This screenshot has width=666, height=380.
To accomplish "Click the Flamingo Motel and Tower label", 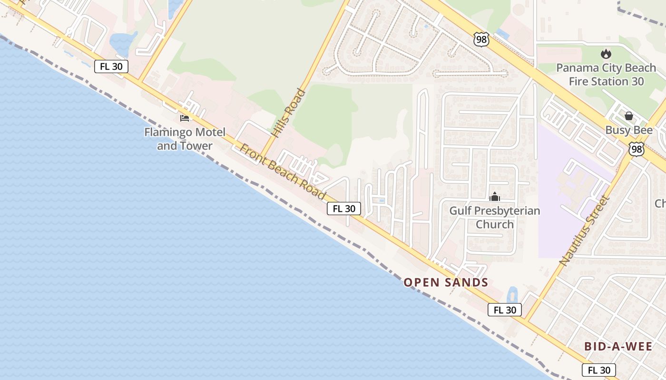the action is (x=185, y=139).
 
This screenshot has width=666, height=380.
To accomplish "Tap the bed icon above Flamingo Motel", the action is (x=185, y=118).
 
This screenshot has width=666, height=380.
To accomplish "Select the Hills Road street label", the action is (x=289, y=113).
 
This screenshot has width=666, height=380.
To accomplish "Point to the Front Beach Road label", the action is (x=283, y=172).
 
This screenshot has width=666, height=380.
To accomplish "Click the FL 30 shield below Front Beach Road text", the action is (x=343, y=208).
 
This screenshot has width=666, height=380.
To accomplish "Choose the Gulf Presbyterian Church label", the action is (x=495, y=217).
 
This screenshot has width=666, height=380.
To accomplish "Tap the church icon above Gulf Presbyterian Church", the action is (x=495, y=196).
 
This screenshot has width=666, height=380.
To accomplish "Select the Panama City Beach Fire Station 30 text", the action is (x=606, y=75).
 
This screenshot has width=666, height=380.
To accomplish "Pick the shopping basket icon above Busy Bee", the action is (x=629, y=115).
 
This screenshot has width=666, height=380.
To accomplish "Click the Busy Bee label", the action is (x=629, y=130).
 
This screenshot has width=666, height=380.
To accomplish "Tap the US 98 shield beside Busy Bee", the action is (x=636, y=149).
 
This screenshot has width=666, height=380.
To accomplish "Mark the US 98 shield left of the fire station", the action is (x=481, y=39).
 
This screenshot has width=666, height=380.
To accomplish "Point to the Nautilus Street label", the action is (x=585, y=230).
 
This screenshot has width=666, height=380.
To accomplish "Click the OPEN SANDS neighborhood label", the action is (x=446, y=283).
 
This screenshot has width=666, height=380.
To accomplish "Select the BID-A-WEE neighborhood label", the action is (x=618, y=346).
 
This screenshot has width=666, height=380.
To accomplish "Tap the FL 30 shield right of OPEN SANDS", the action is (x=505, y=310).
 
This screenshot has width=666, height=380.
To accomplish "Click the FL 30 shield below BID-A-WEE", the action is (x=598, y=370).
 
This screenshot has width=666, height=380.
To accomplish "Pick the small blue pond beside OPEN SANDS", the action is (x=512, y=294).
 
